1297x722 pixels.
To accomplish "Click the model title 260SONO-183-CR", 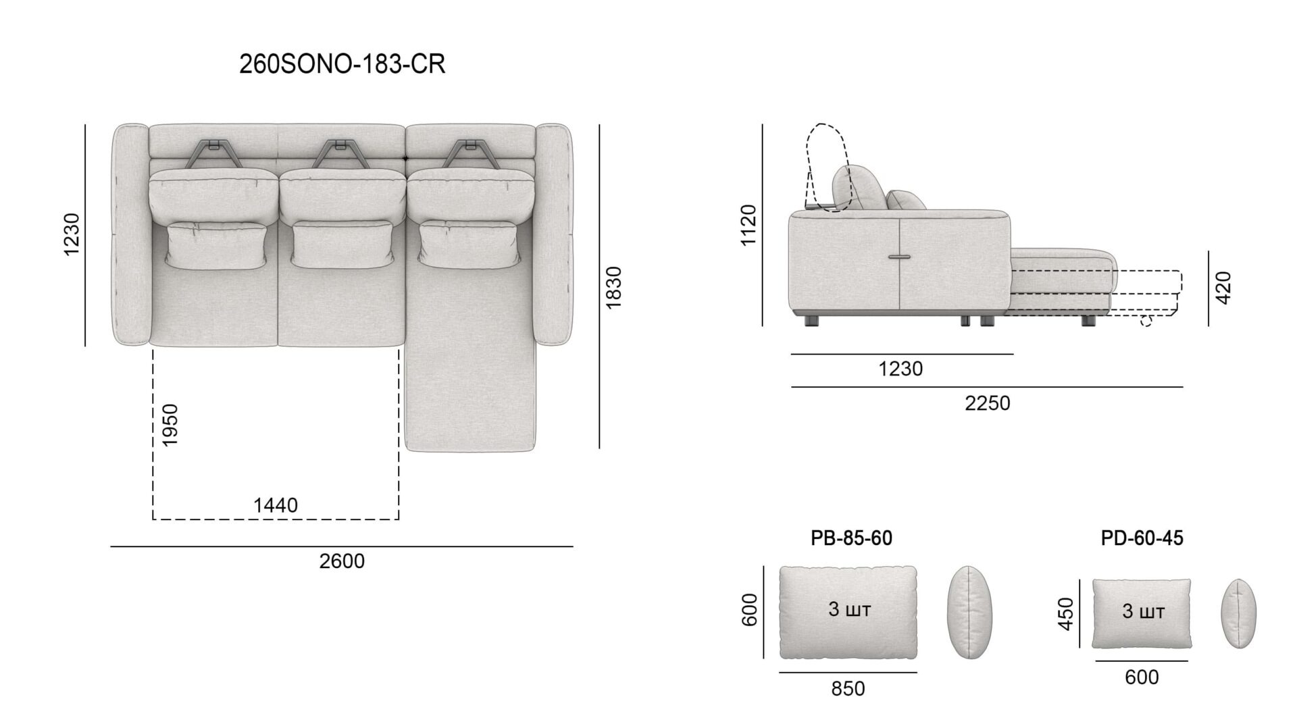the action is [342, 64].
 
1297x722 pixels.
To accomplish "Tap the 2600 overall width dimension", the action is [342, 561].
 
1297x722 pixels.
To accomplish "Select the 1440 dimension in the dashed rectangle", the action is [276, 505].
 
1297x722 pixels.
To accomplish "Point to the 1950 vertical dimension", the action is [170, 424].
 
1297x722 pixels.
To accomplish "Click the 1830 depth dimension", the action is [613, 288].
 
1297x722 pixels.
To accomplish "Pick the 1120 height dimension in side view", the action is [748, 225].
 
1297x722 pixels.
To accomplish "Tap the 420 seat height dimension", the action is [1223, 287].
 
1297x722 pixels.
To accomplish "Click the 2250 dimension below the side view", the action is [988, 403].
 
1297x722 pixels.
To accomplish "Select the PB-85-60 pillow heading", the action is [851, 538].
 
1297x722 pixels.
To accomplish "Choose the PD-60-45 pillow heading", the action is [1142, 538].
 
